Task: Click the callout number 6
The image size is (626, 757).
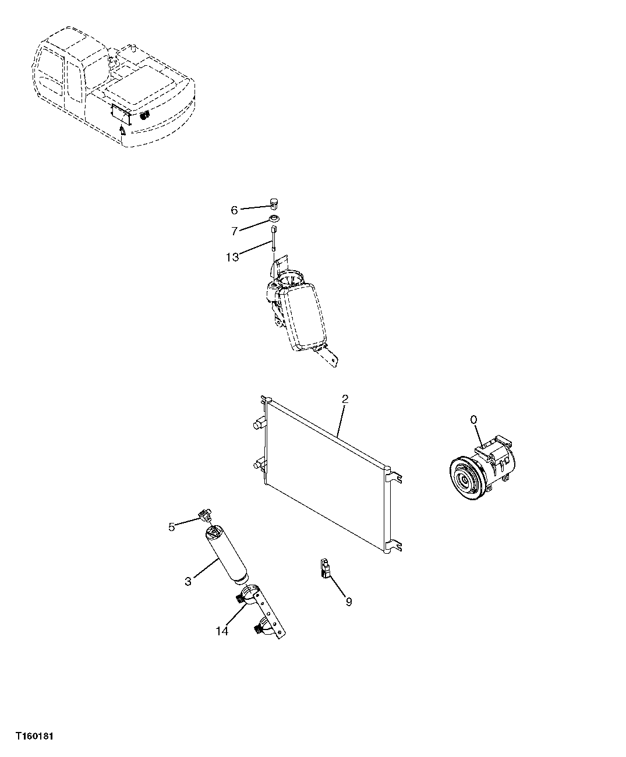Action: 234,210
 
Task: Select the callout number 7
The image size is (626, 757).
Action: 234,231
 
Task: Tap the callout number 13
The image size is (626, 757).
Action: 232,257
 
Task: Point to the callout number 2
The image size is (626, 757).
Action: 345,399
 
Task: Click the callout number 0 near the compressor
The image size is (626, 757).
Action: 473,419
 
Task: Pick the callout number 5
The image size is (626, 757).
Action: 171,527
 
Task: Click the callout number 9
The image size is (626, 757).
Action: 348,602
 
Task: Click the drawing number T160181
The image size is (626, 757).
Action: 36,737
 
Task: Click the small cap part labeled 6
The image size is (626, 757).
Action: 274,204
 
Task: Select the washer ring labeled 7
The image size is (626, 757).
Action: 273,219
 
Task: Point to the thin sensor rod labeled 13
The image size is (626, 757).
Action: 273,238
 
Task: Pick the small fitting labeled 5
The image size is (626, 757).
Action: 204,515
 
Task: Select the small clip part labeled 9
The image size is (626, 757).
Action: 325,568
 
